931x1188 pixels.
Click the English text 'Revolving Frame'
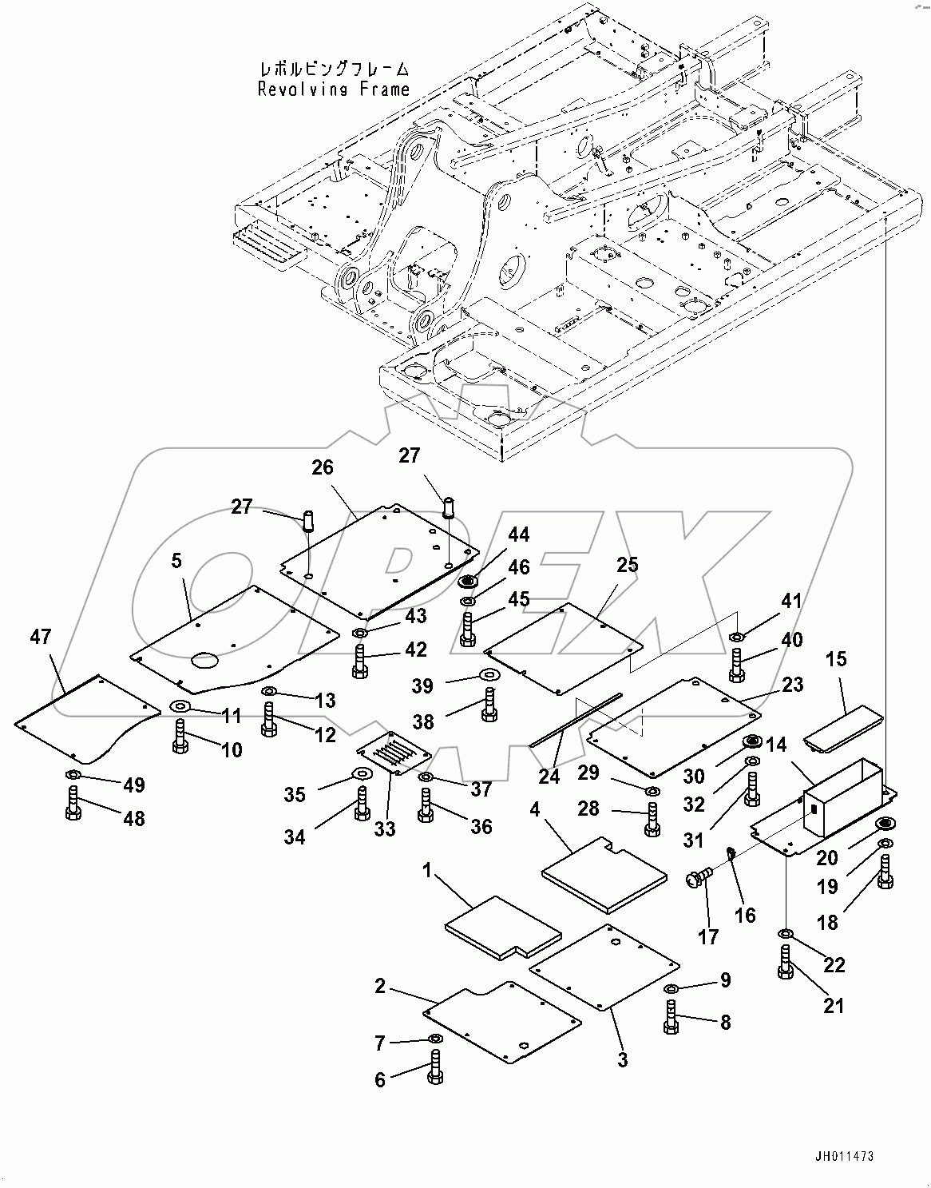coord(333,89)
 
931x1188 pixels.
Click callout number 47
coord(41,637)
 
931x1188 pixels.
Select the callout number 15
coord(836,659)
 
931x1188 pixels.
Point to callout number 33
coord(385,828)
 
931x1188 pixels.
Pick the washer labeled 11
coord(180,705)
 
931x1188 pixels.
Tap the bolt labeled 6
coord(435,1065)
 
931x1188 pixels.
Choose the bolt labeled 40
coord(736,665)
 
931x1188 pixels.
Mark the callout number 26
coord(323,467)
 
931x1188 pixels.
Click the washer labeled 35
coord(362,773)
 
